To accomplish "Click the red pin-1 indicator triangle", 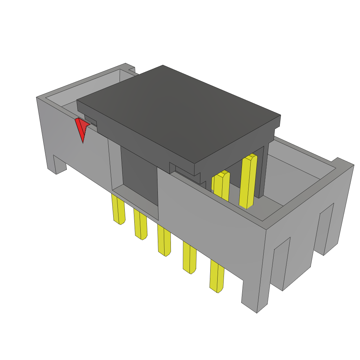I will [82, 128].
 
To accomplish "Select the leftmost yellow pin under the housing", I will [118, 210].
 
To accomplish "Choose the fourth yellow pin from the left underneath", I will [189, 258].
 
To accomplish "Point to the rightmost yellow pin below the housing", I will [217, 276].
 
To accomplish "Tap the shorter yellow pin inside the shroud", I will [221, 186].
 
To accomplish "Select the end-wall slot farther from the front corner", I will [326, 229].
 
